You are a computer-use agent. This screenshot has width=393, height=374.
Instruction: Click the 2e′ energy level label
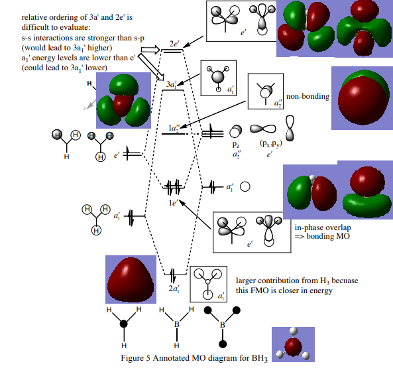[174, 44]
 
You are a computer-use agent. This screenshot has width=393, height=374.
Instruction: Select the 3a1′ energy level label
[172, 84]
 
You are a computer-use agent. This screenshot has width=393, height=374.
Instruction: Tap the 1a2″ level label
[174, 129]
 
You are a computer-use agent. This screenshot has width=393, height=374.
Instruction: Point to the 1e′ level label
[173, 202]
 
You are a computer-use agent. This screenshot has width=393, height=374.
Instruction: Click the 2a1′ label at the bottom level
[174, 288]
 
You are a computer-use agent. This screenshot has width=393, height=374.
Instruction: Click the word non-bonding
[308, 96]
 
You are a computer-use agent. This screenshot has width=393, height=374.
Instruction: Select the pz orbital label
[236, 145]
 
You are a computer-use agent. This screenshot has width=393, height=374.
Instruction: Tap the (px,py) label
[271, 143]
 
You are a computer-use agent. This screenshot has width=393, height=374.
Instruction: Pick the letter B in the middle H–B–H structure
[177, 324]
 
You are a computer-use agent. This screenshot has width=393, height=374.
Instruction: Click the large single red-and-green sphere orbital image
[363, 99]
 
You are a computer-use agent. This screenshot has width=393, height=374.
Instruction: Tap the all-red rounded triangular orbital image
[131, 280]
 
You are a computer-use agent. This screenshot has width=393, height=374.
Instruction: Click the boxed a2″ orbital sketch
[266, 92]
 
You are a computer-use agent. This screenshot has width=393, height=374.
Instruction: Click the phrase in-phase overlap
[323, 227]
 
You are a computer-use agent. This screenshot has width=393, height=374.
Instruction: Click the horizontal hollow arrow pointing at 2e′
[150, 50]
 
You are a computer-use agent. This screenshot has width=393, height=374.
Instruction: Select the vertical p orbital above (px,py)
[290, 128]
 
